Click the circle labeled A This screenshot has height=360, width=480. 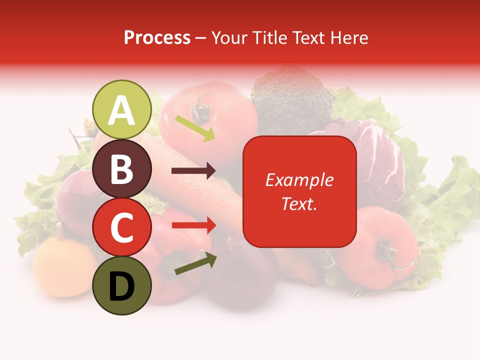tap(121, 109)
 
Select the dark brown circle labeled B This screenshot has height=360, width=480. tap(121, 168)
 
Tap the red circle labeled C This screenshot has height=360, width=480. tap(121, 227)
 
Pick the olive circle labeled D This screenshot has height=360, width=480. tap(121, 285)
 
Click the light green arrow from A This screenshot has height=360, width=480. tap(195, 128)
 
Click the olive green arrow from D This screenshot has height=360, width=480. tap(195, 263)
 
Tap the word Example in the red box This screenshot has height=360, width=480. tap(299, 180)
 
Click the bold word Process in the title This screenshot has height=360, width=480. tap(157, 37)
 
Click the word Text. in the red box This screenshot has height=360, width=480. tap(299, 204)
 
